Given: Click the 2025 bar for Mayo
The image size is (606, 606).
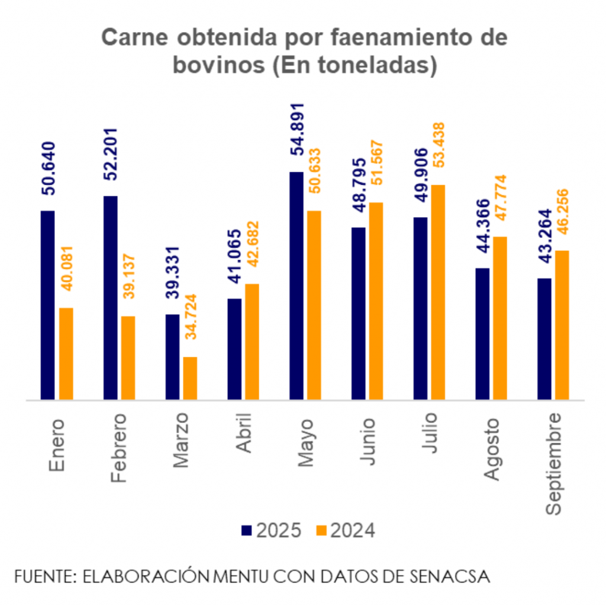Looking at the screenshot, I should tap(296, 286).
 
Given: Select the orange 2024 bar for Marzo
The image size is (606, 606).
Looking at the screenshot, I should tap(190, 378).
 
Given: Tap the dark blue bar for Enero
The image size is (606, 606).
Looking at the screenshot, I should tap(47, 305).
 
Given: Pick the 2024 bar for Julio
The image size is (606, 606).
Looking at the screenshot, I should tap(438, 292).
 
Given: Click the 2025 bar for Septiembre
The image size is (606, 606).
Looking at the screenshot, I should tap(544, 339).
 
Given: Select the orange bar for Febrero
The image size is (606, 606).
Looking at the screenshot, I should tap(128, 358).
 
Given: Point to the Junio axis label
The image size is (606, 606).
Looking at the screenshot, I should tap(367, 441).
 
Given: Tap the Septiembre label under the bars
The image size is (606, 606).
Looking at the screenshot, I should tap(553, 463).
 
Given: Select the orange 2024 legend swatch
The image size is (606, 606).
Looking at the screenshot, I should tap(321, 531).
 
